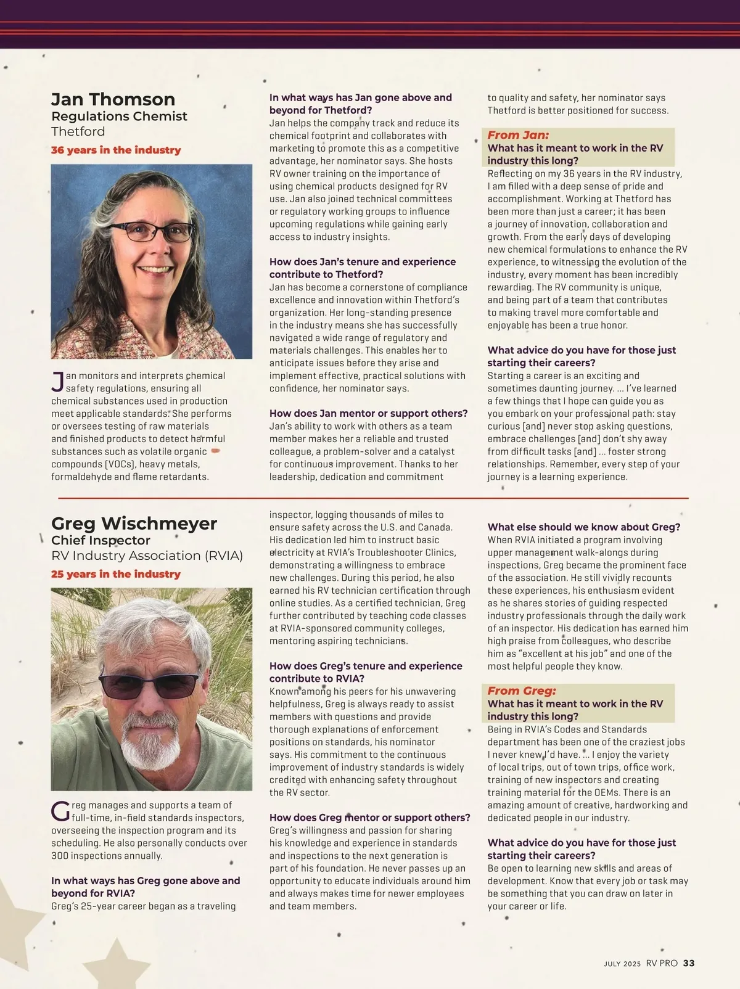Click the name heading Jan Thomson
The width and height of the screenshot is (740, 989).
(113, 99)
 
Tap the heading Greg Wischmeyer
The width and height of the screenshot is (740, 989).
(134, 523)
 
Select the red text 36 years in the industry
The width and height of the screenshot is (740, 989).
(116, 150)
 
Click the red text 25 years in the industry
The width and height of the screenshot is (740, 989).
(116, 574)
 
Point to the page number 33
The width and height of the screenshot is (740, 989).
(689, 963)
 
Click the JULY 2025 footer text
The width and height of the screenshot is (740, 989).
(622, 964)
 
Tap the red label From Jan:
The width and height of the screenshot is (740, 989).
(518, 135)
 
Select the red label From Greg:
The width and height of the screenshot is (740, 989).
(522, 691)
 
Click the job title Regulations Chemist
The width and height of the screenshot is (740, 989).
(119, 116)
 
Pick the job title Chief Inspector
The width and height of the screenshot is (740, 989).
(101, 540)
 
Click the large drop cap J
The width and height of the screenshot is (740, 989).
(57, 382)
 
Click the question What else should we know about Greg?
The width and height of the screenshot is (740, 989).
(583, 527)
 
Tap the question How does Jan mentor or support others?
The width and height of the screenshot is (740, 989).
(368, 413)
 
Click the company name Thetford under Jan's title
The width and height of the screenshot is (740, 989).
(78, 131)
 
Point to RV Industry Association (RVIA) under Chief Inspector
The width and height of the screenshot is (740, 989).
(147, 556)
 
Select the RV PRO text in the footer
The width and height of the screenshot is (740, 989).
(662, 963)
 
